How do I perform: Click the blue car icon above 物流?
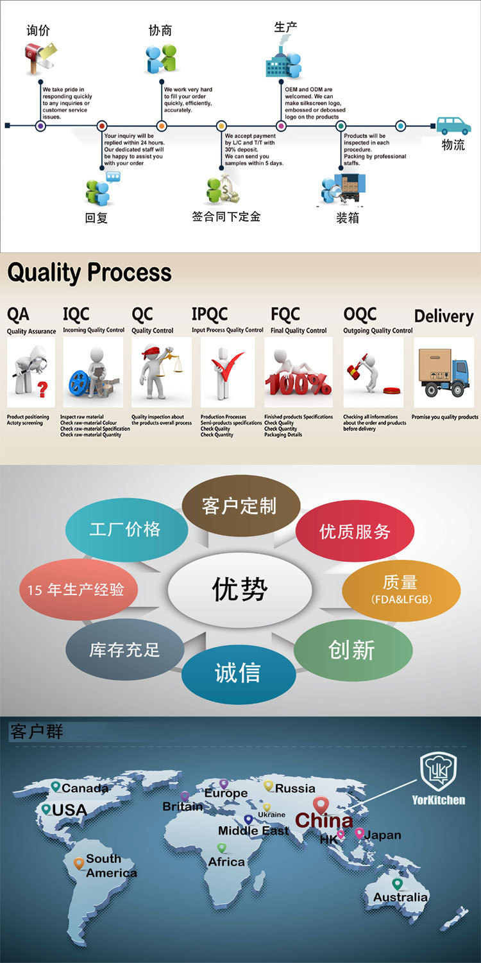coord(453,125)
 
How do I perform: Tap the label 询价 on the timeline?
coord(38,30)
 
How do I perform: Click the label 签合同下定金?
coord(226,217)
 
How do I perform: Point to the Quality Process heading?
coord(89,273)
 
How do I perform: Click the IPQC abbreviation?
coord(210,314)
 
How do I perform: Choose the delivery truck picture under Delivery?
coord(444,372)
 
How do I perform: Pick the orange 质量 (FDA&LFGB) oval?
coord(401,589)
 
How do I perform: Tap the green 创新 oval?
coord(352,650)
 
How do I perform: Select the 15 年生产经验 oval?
coord(78,589)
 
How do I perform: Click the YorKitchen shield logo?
coord(438,772)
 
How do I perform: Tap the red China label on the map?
coord(324,820)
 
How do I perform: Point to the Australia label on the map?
coord(400,897)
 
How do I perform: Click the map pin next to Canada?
coord(56,787)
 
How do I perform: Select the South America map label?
coord(111,866)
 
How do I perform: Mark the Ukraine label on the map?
coord(271,815)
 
